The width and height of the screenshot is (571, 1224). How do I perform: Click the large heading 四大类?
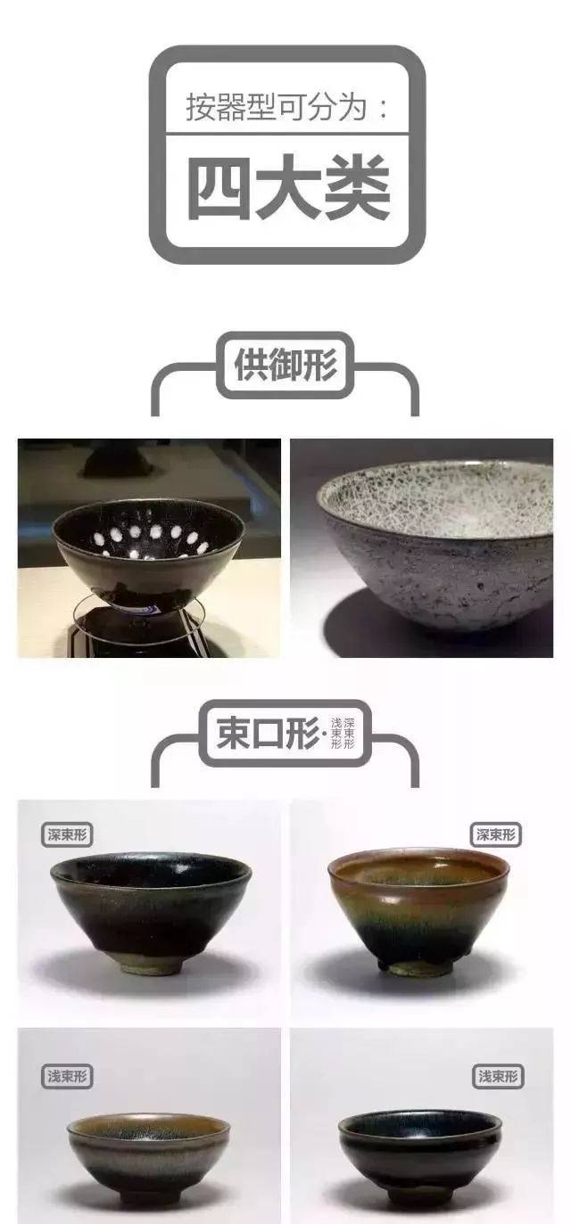[289, 187]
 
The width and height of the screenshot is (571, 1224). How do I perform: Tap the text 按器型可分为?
[277, 106]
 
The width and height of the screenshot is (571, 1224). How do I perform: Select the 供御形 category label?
[285, 365]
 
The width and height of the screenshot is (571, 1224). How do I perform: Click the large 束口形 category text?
[268, 732]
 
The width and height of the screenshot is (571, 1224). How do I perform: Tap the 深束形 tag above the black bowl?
[67, 834]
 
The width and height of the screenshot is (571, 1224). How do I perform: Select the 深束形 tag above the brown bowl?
[495, 834]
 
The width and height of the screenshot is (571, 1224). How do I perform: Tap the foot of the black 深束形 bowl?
[150, 968]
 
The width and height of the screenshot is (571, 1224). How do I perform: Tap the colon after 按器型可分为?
[383, 108]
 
